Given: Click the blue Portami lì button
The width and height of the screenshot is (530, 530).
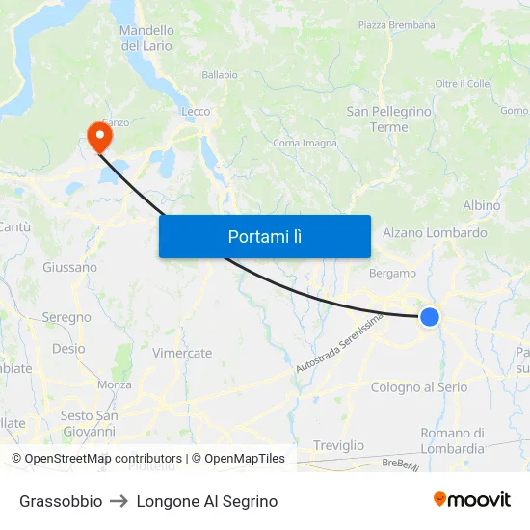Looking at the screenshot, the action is [x=264, y=236].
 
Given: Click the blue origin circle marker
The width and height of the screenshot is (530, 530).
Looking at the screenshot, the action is [x=430, y=316].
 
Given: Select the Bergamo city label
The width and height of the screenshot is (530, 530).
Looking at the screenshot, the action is [x=392, y=274].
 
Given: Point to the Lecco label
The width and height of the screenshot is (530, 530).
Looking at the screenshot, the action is [x=196, y=112].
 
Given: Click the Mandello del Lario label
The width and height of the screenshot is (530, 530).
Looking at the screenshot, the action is [x=146, y=38].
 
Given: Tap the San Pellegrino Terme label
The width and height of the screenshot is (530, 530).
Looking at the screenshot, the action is [x=389, y=119].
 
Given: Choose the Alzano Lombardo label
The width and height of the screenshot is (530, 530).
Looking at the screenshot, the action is [x=435, y=233].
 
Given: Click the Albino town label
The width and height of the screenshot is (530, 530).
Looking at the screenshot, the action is [x=481, y=205].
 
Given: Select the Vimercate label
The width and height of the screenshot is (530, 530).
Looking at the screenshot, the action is [x=182, y=353].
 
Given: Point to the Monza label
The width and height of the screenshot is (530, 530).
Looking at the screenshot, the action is [x=115, y=384].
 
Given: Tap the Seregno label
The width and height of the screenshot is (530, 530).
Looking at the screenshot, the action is [x=66, y=317].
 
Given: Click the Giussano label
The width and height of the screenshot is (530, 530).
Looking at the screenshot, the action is [x=69, y=267].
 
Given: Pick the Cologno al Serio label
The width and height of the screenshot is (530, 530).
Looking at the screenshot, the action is [x=419, y=387].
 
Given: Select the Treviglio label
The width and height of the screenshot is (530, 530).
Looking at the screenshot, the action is [x=338, y=445].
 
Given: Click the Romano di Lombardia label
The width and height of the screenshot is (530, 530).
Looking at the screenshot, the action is [x=452, y=440].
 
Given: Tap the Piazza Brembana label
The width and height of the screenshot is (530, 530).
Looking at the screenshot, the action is [x=396, y=25].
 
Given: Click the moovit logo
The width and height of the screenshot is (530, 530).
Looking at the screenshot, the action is [x=471, y=500].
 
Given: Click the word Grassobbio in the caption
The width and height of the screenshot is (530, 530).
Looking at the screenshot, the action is [x=61, y=501].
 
